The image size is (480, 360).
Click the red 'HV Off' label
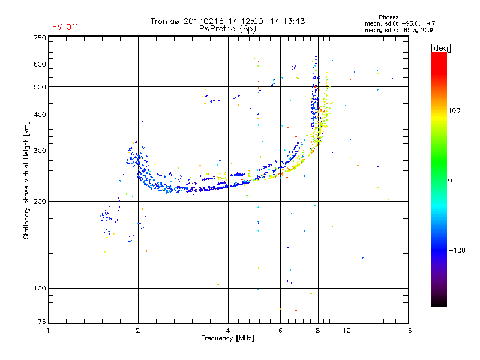click(x=65, y=27)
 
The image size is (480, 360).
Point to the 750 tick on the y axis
click(x=40, y=38)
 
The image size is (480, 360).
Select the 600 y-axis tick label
click(x=40, y=64)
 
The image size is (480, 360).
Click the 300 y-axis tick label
click(x=40, y=151)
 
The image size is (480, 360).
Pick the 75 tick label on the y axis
click(x=41, y=323)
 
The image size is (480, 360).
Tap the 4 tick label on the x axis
click(x=228, y=331)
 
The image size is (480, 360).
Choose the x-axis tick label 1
click(x=49, y=331)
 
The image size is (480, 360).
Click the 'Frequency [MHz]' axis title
click(x=228, y=339)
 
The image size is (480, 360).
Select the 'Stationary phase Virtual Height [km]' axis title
click(x=26, y=180)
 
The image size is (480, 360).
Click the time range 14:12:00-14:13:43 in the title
click(x=263, y=21)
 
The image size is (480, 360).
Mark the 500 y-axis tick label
click(x=40, y=87)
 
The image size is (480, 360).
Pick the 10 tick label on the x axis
click(x=346, y=331)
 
